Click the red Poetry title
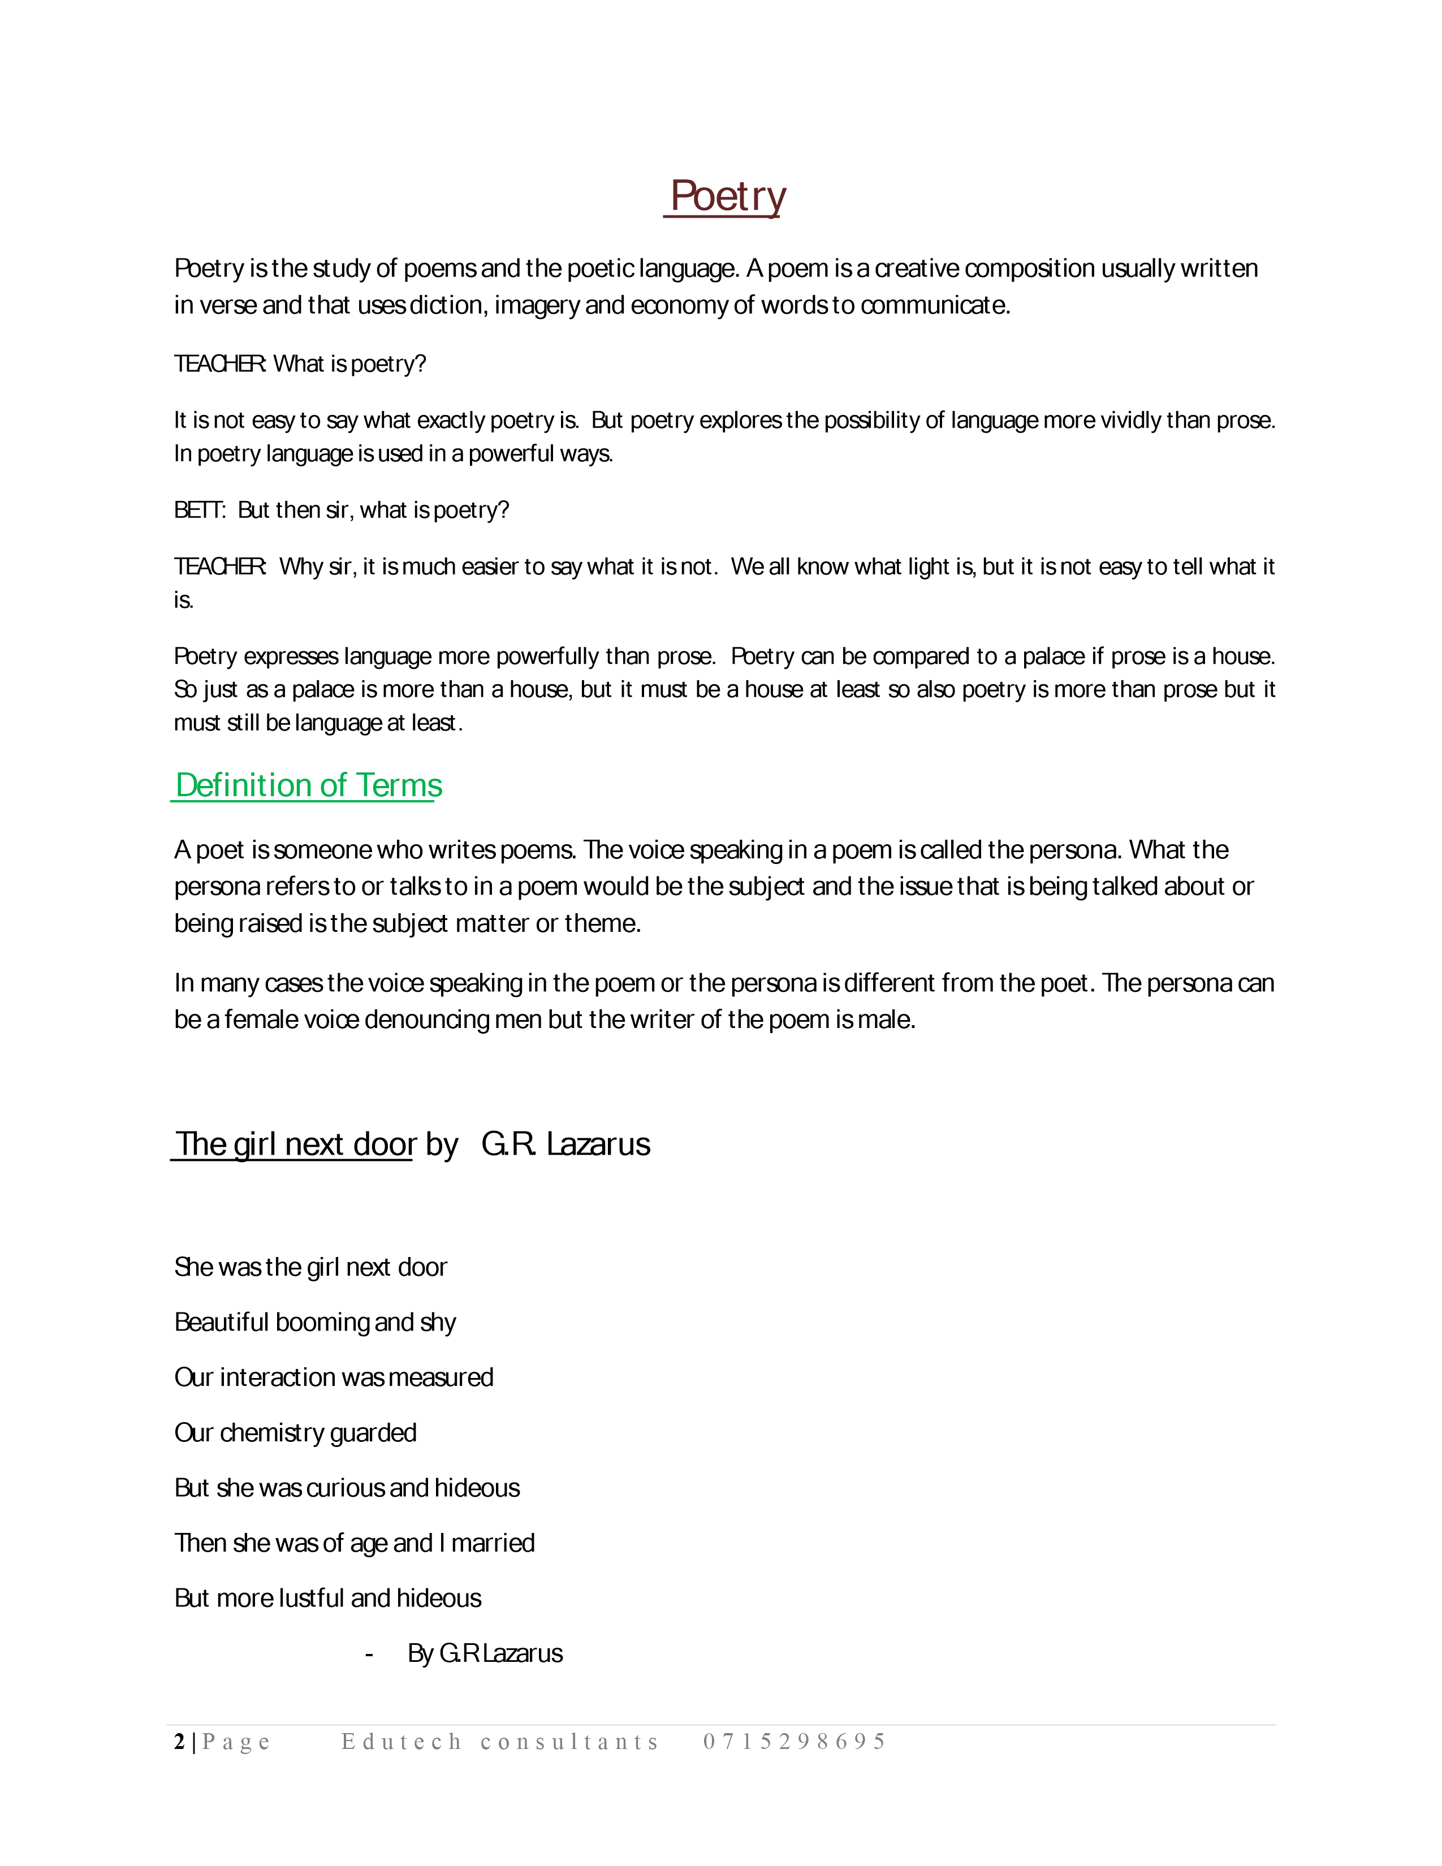[x=727, y=197]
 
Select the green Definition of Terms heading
[x=308, y=785]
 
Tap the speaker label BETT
[x=198, y=510]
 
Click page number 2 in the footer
[x=179, y=1742]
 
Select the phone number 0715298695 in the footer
[x=795, y=1742]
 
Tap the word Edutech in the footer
[x=401, y=1742]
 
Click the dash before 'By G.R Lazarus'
[x=369, y=1654]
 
